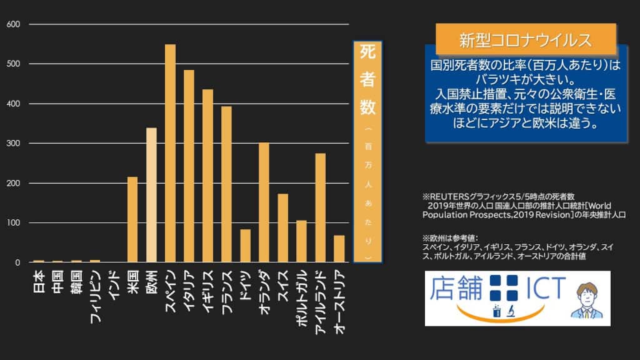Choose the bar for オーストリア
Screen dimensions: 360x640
click(x=339, y=249)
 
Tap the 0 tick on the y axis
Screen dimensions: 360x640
click(x=18, y=263)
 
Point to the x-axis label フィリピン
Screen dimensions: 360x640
click(x=95, y=294)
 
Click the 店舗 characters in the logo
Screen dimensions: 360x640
click(x=457, y=289)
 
